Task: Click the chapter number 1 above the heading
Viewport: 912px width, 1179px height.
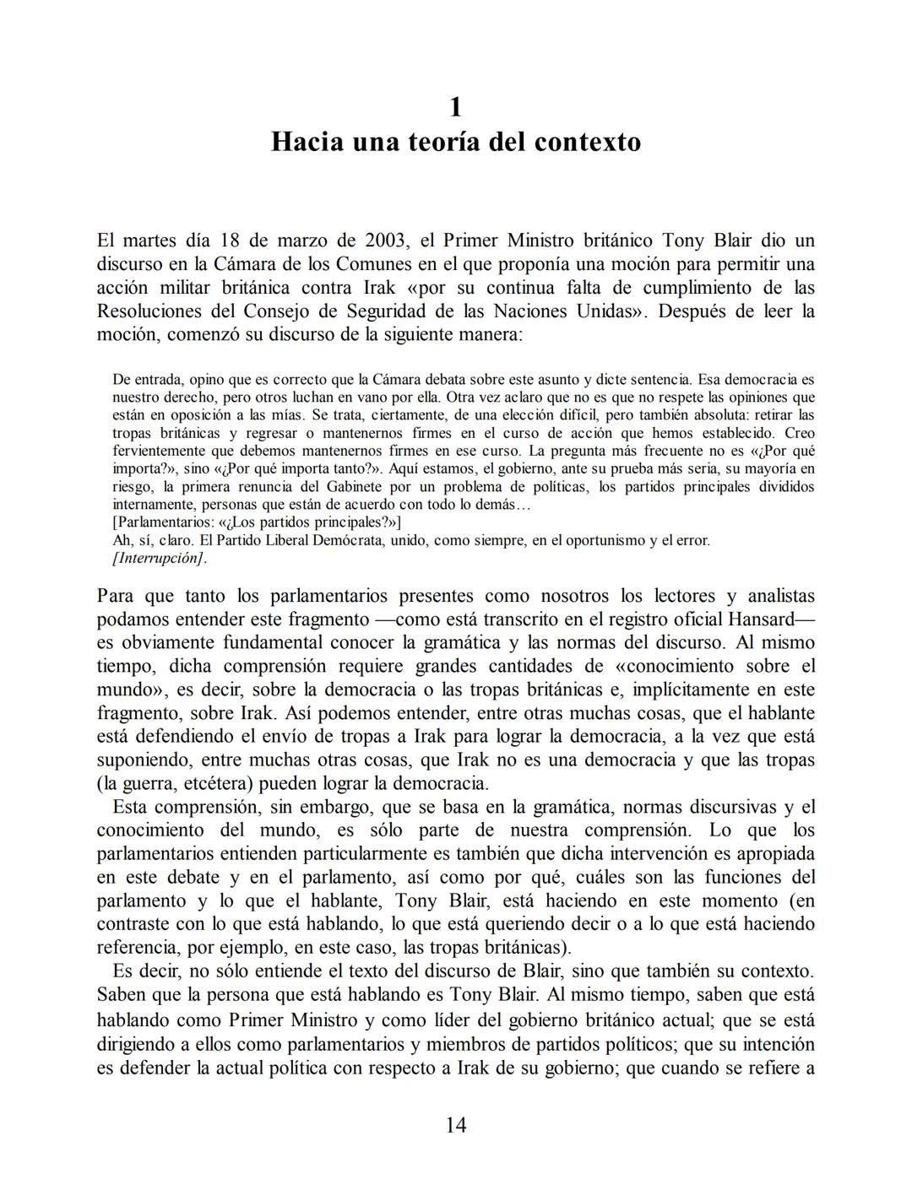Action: pos(456,107)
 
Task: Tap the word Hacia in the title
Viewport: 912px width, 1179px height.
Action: pos(307,141)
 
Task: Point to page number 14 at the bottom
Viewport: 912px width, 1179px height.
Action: pos(456,1124)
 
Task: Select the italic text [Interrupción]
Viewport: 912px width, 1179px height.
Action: pos(160,558)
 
